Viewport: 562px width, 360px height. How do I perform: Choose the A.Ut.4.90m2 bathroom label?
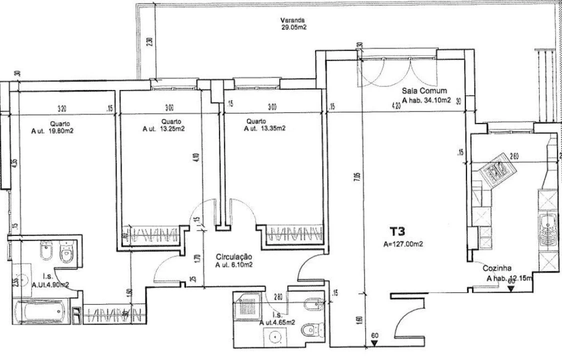pyautogui.click(x=50, y=284)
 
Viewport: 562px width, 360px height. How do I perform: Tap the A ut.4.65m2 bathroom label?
pyautogui.click(x=276, y=323)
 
